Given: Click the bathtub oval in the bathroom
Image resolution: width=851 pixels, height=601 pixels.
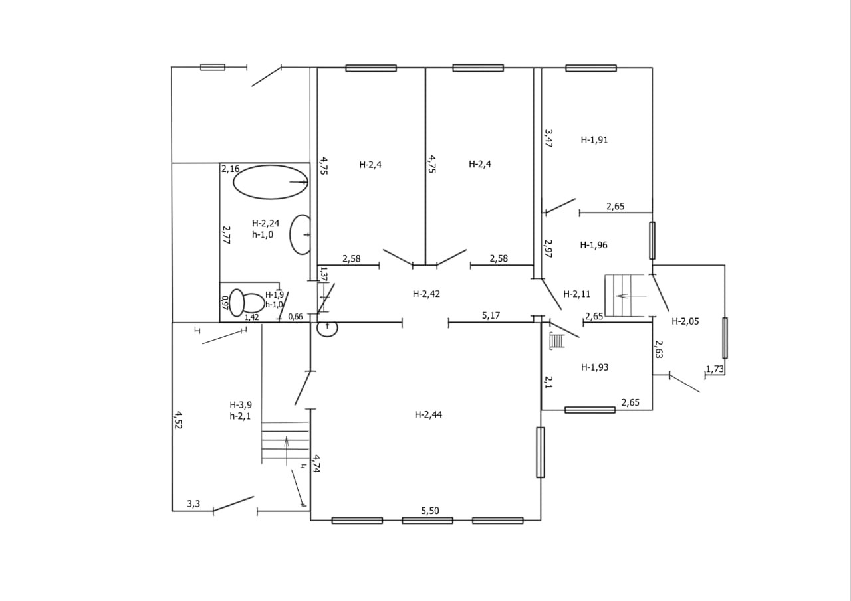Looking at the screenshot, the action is tap(271, 182).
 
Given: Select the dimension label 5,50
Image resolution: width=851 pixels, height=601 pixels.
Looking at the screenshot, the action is tap(430, 510).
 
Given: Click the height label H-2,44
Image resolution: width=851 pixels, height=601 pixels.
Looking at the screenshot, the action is tap(428, 415).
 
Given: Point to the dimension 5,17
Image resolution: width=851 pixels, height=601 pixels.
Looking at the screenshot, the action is tap(491, 315).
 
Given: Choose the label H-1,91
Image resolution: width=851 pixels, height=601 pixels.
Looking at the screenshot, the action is tap(594, 140).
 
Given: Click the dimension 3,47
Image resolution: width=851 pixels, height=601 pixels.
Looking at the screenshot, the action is tap(548, 138).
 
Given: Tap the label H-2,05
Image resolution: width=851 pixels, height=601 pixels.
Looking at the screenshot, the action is tap(685, 321).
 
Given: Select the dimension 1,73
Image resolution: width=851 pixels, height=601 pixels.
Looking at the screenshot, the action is tap(715, 369).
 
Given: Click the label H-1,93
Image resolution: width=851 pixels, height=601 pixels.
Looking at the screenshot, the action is tap(594, 367).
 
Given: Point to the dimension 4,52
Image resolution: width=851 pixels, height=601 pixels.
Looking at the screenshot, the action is tap(178, 420).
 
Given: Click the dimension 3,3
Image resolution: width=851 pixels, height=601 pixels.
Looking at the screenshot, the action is tap(193, 504).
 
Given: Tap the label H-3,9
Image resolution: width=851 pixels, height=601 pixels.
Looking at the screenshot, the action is tap(241, 404).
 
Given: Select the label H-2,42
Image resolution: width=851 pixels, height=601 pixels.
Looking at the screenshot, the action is tap(426, 293).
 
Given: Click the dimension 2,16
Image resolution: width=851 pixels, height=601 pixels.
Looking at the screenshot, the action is tap(231, 169).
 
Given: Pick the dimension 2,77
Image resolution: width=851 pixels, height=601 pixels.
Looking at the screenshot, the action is tap(226, 234).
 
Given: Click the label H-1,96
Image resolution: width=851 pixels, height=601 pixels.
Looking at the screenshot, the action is tap(594, 245).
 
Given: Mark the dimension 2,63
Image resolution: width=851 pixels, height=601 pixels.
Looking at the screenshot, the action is tap(658, 349).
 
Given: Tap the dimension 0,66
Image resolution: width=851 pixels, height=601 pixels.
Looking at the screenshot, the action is tap(295, 317).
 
